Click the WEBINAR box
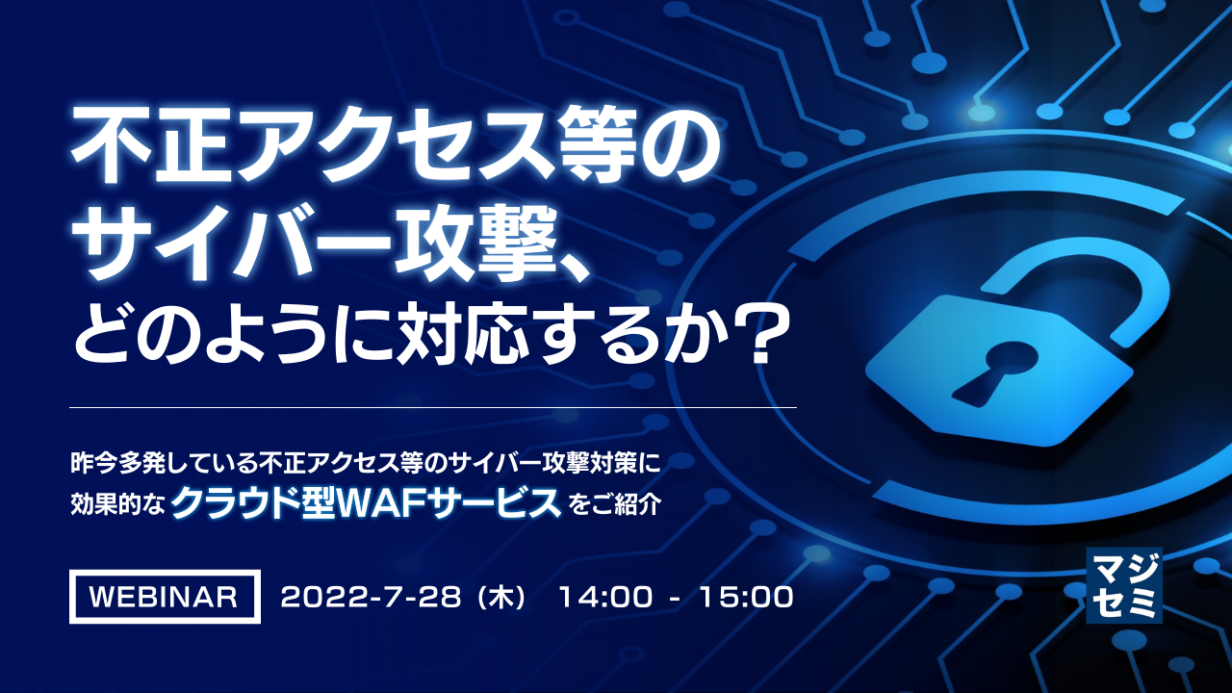[x=165, y=597]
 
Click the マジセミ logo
[x=1123, y=585]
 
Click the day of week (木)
[x=506, y=598]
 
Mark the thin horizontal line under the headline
[x=433, y=408]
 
